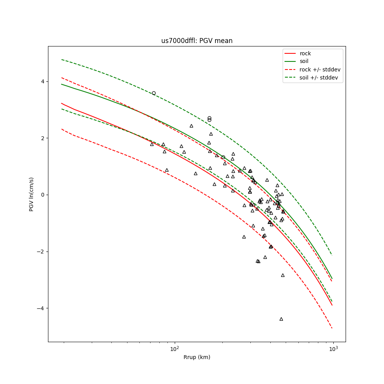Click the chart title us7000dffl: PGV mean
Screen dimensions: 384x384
[x=197, y=41]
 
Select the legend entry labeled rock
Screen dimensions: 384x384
[x=305, y=53]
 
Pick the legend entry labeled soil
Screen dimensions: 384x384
[x=304, y=61]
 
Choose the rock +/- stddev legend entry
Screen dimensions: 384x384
[x=320, y=70]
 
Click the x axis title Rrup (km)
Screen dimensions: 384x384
[x=197, y=357]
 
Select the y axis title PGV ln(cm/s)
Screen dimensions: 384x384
[x=31, y=194]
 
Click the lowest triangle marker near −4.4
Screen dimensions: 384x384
[x=281, y=319]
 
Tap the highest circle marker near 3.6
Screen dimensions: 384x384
[x=154, y=93]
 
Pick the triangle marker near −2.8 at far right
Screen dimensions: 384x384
[x=283, y=275]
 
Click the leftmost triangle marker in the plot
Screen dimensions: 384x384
[x=152, y=144]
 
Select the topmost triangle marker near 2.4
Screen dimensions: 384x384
[x=191, y=126]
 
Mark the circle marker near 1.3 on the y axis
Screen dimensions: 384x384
[x=223, y=157]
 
